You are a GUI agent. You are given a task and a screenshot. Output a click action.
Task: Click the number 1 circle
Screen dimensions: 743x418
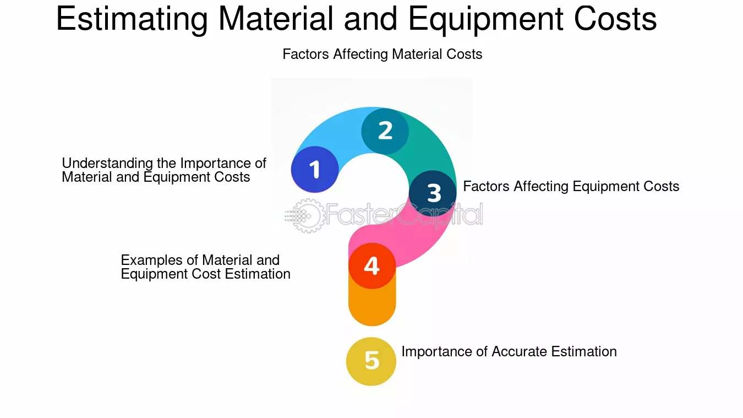(315, 169)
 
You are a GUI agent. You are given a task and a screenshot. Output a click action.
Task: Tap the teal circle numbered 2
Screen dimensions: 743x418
(385, 131)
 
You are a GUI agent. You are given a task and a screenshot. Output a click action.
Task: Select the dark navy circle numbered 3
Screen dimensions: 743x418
(433, 193)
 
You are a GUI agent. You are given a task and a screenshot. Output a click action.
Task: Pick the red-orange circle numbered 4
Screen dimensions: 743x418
(372, 265)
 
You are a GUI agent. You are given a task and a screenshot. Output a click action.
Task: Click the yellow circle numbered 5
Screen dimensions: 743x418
(371, 361)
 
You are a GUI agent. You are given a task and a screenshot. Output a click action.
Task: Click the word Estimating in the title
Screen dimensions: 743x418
(132, 19)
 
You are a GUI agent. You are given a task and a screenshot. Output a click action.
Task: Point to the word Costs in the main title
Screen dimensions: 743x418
(615, 19)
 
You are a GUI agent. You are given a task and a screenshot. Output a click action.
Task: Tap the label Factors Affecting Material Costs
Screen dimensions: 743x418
(382, 54)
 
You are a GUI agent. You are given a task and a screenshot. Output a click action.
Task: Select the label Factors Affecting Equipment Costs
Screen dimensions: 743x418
(571, 186)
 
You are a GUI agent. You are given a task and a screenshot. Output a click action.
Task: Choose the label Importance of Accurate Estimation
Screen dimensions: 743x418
(509, 351)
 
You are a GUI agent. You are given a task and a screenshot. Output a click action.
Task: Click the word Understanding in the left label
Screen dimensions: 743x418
(107, 164)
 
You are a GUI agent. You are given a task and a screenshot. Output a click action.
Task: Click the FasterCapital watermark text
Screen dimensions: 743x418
(404, 215)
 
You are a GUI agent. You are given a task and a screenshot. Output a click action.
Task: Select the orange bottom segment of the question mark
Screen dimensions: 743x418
(372, 306)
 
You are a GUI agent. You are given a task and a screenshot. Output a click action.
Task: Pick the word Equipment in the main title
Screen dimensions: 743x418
(485, 19)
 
